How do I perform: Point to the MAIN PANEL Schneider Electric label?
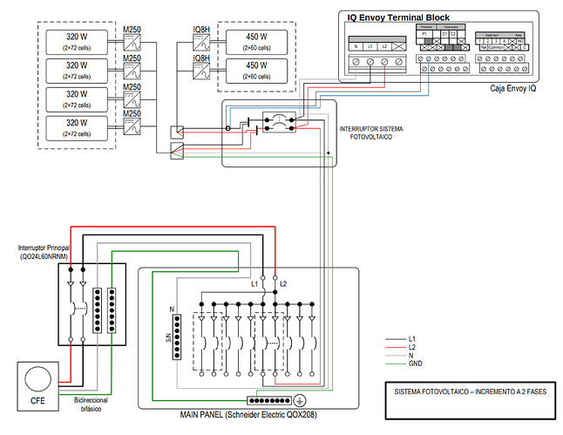[248, 415]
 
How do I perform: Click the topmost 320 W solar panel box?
[78, 41]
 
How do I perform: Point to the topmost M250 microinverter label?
[132, 30]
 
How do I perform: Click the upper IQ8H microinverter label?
[200, 31]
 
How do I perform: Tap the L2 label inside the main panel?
[283, 284]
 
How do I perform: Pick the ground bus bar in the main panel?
[269, 401]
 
